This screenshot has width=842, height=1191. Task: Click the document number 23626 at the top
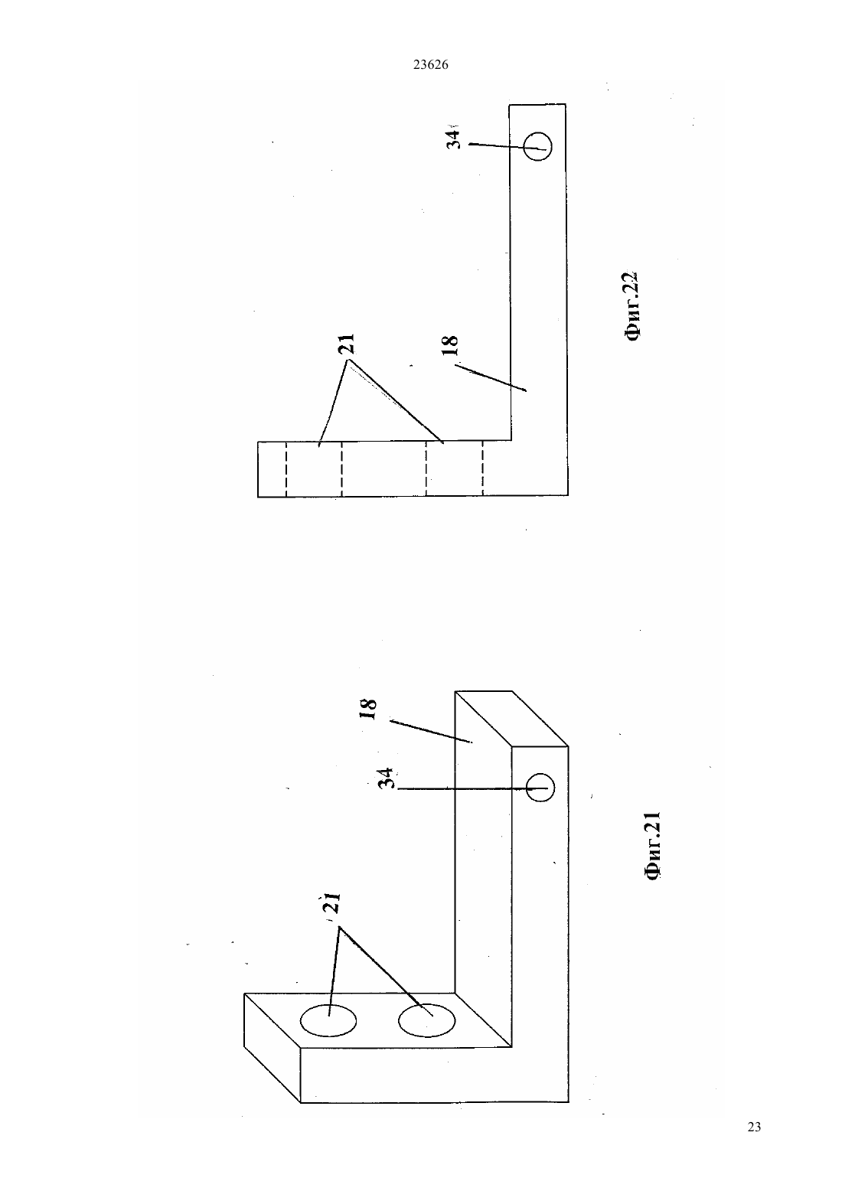[430, 65]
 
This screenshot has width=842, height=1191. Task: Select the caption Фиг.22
[631, 306]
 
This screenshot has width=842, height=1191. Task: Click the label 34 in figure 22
[452, 139]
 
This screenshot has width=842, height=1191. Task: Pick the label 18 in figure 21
[368, 710]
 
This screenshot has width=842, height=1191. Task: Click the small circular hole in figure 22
[537, 145]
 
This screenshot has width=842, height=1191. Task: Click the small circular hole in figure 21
[540, 788]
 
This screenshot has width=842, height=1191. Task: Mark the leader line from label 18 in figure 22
[491, 377]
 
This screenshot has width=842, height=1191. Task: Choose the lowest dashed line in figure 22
[483, 468]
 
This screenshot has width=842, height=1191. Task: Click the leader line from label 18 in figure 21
[430, 731]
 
